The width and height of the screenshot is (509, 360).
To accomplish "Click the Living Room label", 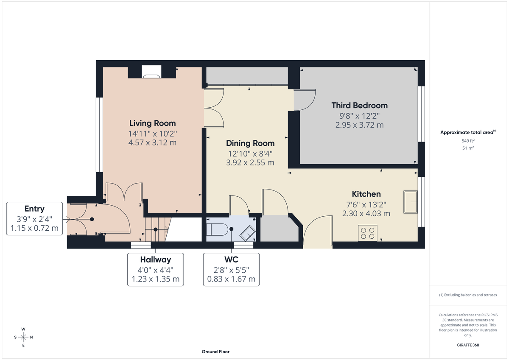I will pyautogui.click(x=152, y=123).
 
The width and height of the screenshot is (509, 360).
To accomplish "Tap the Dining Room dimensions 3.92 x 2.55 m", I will pyautogui.click(x=250, y=162).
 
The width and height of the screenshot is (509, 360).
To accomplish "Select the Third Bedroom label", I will pyautogui.click(x=359, y=105).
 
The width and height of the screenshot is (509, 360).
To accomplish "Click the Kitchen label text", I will pyautogui.click(x=366, y=194).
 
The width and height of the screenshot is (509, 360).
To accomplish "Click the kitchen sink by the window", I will pyautogui.click(x=411, y=202).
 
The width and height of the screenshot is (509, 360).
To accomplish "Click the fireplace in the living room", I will pyautogui.click(x=151, y=72).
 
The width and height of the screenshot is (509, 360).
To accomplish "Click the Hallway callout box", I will pyautogui.click(x=156, y=269).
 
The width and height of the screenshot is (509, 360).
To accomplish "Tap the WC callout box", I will pyautogui.click(x=231, y=269).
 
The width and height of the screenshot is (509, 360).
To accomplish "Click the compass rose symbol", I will pyautogui.click(x=23, y=337).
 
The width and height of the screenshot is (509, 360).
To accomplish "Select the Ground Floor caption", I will pyautogui.click(x=216, y=352).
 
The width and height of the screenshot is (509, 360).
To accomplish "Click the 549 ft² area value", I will pyautogui.click(x=468, y=140).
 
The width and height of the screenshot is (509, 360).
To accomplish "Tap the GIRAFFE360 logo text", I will pyautogui.click(x=468, y=345).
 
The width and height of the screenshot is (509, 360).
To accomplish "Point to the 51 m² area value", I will pyautogui.click(x=468, y=148).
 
